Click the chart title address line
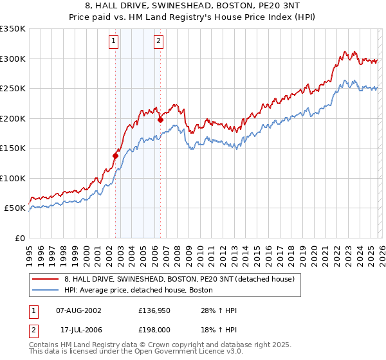pyautogui.click(x=192, y=6)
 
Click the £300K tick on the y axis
pyautogui.click(x=13, y=59)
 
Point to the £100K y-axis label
pyautogui.click(x=13, y=178)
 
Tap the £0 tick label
pyautogui.click(x=19, y=238)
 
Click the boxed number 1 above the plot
pyautogui.click(x=114, y=42)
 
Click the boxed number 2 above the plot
pyautogui.click(x=158, y=42)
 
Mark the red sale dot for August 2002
pyautogui.click(x=115, y=156)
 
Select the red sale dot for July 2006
pyautogui.click(x=160, y=119)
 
